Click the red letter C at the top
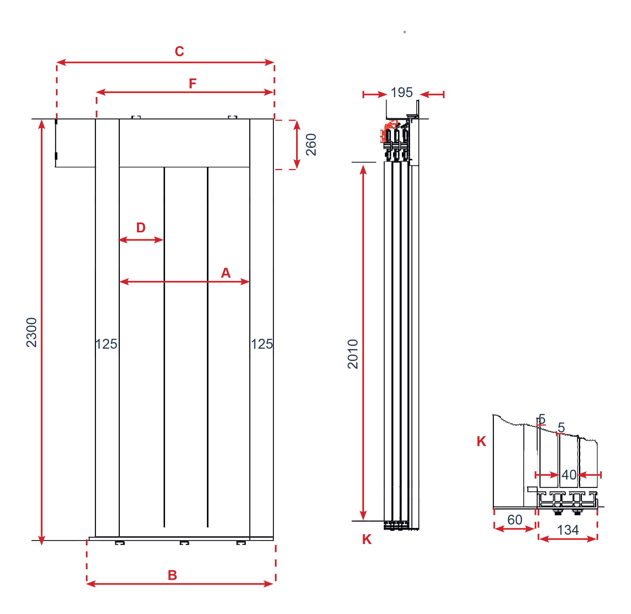tap(179, 52)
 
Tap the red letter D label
tap(141, 228)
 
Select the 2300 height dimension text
tap(32, 333)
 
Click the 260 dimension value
tap(311, 145)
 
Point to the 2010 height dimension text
tap(353, 354)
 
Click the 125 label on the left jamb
tap(106, 344)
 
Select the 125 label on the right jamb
tap(262, 344)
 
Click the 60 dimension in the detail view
tap(515, 520)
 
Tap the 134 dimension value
tap(568, 530)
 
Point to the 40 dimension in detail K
tap(569, 475)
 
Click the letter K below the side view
tap(367, 539)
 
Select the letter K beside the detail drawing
tap(481, 441)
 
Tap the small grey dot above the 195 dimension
tap(404, 32)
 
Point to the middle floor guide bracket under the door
tap(184, 543)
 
